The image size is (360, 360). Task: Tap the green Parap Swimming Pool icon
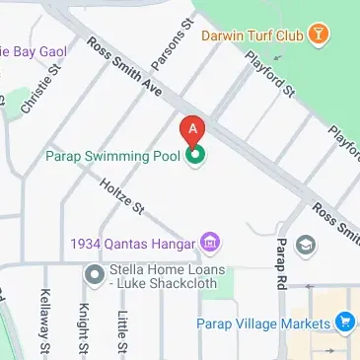tap(195, 155)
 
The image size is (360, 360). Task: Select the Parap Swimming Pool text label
tap(116, 155)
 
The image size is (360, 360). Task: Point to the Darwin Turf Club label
tap(251, 36)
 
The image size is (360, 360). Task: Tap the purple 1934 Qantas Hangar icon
tap(209, 242)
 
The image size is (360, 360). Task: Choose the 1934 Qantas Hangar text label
tap(133, 242)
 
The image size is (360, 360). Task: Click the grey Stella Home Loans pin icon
tap(95, 273)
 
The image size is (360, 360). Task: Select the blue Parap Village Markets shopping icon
tap(344, 323)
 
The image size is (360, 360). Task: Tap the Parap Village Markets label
tap(261, 324)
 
